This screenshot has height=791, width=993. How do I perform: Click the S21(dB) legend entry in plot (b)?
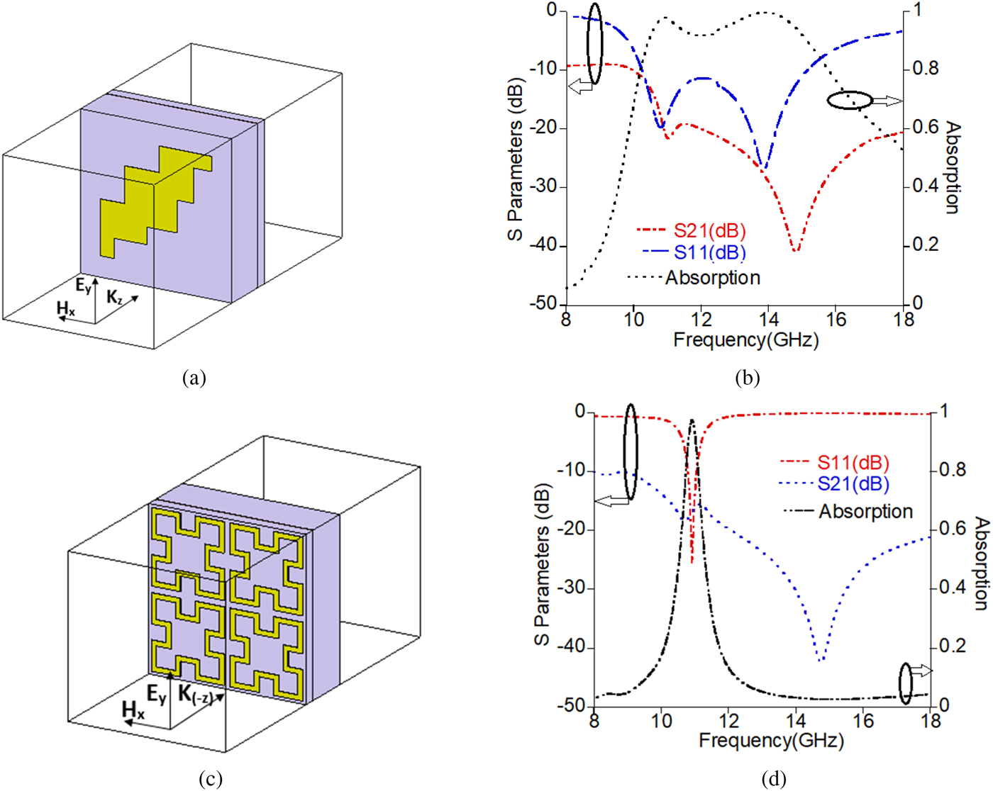709,231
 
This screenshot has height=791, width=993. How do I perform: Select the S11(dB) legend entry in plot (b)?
709,253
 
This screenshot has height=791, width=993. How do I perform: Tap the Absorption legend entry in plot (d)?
865,511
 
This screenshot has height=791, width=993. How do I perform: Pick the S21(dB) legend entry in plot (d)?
853,484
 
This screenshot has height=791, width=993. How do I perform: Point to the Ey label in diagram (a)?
84,286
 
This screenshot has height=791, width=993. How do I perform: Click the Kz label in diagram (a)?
114,297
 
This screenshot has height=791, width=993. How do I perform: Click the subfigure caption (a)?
194,378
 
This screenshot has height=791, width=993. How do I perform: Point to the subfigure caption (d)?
773,779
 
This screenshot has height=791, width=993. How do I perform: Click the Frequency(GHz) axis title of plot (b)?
745,340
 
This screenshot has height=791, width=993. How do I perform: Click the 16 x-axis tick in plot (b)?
836,320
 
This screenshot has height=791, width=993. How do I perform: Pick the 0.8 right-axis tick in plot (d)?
952,470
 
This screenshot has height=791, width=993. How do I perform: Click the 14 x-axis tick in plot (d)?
796,721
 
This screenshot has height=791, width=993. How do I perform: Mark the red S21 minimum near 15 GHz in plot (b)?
796,250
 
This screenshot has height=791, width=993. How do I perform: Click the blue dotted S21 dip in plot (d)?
821,661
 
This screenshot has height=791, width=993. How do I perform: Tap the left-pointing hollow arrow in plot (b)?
581,86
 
